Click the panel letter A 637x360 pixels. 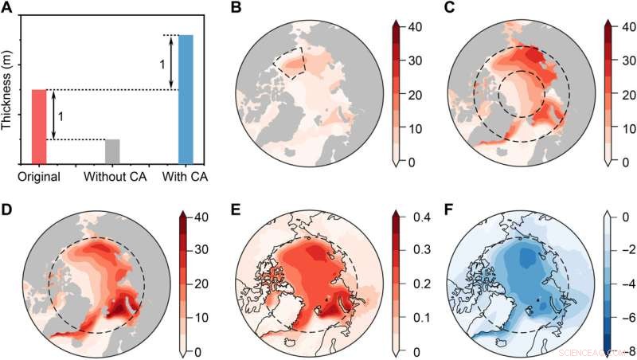tap(10, 10)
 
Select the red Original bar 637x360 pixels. tap(39, 126)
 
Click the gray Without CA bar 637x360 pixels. tap(112, 151)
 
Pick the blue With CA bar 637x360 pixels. tap(186, 99)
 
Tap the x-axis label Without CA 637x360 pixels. tap(112, 176)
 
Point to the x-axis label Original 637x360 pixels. tap(39, 176)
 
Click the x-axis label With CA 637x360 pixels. tap(186, 176)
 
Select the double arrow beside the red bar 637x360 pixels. tap(53, 115)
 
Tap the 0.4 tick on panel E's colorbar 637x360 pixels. tap(416, 217)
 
